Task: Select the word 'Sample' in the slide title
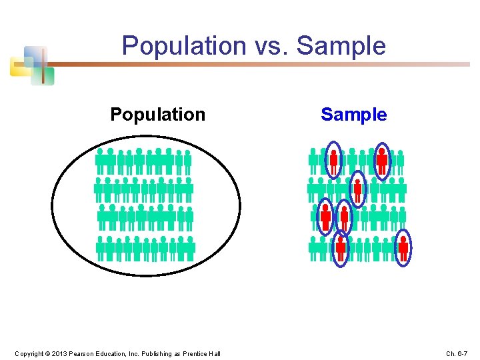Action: click(x=341, y=46)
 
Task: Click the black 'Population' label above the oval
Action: click(x=157, y=115)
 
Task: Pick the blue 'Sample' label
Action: click(x=353, y=115)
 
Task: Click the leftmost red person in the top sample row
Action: click(x=333, y=161)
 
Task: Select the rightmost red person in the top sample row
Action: click(x=382, y=159)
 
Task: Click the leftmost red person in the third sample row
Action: click(x=325, y=216)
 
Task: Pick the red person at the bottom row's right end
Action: click(x=403, y=247)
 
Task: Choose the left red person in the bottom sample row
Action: click(x=341, y=248)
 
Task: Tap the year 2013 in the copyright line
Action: click(x=59, y=353)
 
